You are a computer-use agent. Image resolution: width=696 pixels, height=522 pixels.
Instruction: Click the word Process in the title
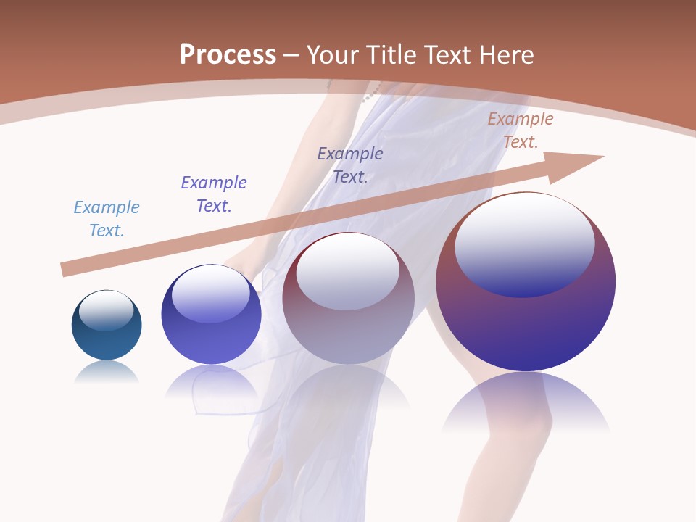pyautogui.click(x=228, y=55)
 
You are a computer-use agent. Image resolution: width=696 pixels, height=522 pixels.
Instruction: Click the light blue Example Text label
pyautogui.click(x=107, y=219)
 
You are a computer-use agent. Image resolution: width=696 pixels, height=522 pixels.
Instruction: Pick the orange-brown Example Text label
pyautogui.click(x=520, y=130)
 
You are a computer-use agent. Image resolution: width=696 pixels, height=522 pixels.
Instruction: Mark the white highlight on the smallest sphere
pyautogui.click(x=106, y=309)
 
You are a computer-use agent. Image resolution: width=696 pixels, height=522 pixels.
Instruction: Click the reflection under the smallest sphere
pyautogui.click(x=107, y=372)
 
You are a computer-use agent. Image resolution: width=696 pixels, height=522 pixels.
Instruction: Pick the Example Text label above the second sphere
pyautogui.click(x=214, y=194)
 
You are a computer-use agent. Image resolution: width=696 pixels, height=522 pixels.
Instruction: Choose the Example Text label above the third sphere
pyautogui.click(x=350, y=165)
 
